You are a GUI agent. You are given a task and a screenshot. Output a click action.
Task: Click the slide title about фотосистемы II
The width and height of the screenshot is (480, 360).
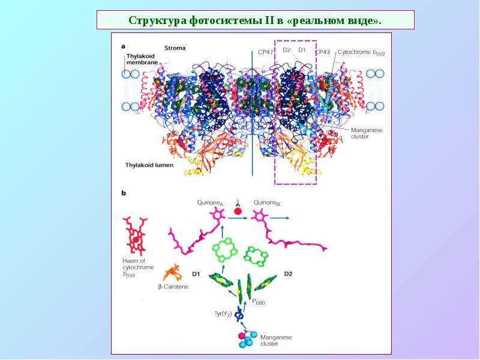[x=255, y=20]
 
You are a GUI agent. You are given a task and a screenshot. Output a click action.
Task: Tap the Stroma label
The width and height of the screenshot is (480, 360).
[x=175, y=48]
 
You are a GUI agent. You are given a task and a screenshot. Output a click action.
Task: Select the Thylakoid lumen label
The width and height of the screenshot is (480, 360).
[x=149, y=166]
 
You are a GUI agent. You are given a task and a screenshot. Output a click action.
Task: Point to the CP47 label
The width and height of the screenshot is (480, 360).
[x=265, y=52]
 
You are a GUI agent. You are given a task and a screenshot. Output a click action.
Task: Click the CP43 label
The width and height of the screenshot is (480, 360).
[x=323, y=52]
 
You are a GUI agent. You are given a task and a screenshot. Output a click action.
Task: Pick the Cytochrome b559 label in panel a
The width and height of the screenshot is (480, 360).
[x=361, y=53]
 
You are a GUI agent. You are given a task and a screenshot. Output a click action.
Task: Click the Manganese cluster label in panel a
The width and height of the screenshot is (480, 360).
[x=367, y=133]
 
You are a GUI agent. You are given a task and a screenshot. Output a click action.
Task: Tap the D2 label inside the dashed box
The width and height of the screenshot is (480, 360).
[x=286, y=50]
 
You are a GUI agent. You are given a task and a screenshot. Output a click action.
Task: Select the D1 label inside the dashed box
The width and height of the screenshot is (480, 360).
[x=302, y=50]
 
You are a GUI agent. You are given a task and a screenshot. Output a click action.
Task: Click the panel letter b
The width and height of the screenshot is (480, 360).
[x=124, y=193]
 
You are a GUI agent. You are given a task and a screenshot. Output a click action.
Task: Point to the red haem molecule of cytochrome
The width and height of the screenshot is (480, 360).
[x=135, y=235]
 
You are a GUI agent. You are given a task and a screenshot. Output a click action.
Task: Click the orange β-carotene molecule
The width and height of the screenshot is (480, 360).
[x=173, y=273]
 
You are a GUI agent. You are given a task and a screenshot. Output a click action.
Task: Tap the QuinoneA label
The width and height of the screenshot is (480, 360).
[x=209, y=203]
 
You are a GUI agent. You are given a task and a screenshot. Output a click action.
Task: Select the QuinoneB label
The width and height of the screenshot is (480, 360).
[x=266, y=203]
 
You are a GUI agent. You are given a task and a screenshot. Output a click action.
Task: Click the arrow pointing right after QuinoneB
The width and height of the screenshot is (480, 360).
[x=280, y=218]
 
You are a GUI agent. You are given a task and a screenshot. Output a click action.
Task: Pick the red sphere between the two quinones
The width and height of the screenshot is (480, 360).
[x=238, y=211]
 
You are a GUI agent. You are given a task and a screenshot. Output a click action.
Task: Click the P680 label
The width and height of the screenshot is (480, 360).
[x=259, y=302]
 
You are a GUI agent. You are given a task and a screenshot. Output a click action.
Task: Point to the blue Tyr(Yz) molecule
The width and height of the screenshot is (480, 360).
[x=239, y=313]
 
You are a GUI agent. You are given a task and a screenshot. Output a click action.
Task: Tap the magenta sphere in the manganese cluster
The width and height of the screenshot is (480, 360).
[x=242, y=336]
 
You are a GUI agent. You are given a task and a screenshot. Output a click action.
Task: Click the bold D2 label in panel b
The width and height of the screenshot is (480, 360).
[x=288, y=274]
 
